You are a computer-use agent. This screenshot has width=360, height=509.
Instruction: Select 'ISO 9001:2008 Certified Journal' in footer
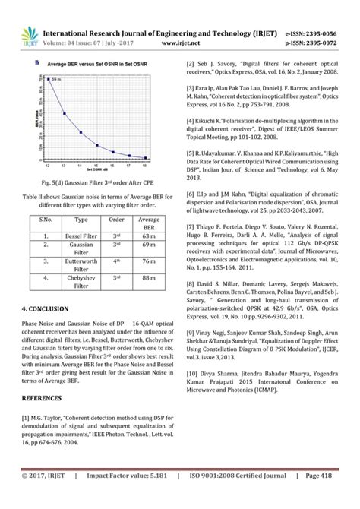pos(242,497)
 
